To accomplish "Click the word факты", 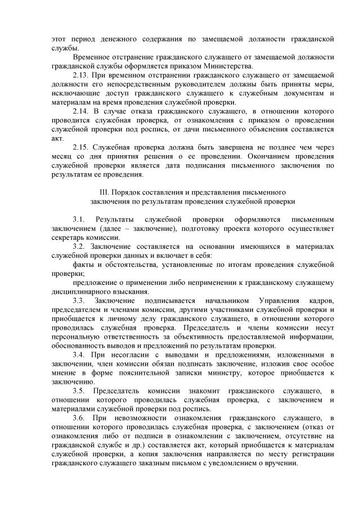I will click(84, 265).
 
